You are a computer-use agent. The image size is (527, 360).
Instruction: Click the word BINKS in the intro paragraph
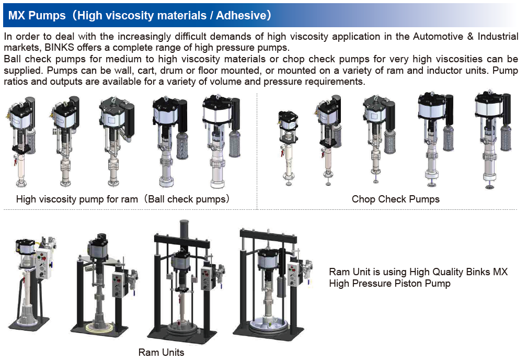59,48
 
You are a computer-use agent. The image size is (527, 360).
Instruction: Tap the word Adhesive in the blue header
242,16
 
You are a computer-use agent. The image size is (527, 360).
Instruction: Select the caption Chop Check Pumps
396,199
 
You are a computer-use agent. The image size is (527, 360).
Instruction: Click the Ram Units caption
162,352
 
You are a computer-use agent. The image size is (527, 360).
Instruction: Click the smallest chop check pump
288,148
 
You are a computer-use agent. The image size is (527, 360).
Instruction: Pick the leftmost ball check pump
21,141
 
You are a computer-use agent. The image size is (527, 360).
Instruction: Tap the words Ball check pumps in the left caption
188,199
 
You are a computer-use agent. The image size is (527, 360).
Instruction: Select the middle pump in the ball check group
116,142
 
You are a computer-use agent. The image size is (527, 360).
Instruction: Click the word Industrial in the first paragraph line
498,36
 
